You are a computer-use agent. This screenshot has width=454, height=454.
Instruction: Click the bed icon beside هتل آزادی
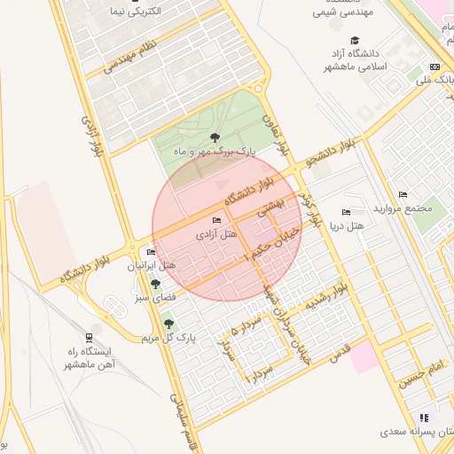217,220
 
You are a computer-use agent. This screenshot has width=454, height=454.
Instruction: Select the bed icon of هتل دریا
346,212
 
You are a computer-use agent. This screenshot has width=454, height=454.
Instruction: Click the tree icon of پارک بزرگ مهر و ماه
215,137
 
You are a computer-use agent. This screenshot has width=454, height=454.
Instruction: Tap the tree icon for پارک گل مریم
168,325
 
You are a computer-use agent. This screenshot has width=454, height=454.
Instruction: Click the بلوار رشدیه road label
325,297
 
